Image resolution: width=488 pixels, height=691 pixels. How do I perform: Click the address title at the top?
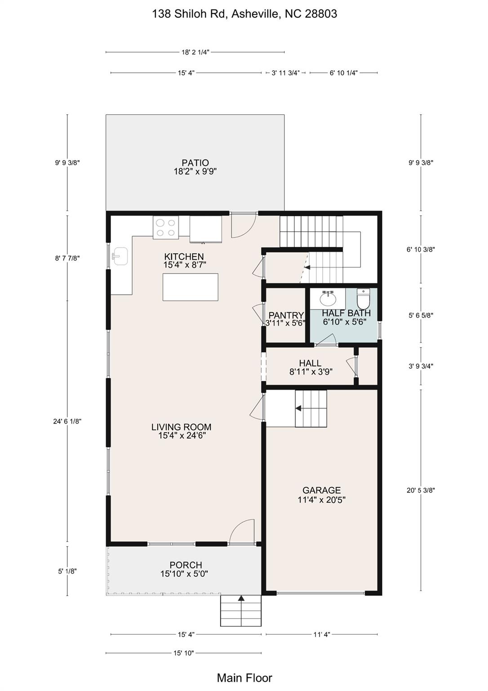point(244,14)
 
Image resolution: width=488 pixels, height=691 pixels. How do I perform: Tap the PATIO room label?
point(195,162)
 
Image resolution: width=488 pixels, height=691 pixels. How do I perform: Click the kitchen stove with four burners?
point(166,227)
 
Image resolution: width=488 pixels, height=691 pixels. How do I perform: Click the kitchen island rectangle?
point(191,287)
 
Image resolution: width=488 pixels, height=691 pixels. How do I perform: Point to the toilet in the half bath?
point(364,299)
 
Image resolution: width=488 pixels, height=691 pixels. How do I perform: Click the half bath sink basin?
point(328,299)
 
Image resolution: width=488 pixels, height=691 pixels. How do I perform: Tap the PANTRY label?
point(286,315)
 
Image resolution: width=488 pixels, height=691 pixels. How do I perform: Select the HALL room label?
point(310,363)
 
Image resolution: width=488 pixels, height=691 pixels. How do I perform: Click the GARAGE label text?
point(322,490)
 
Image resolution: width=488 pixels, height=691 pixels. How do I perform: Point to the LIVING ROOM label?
point(181,427)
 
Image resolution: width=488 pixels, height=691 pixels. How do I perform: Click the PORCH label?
point(186,565)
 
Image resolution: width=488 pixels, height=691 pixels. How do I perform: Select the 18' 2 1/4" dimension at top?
point(195,52)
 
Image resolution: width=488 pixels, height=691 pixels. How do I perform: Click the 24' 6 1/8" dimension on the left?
point(67,422)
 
